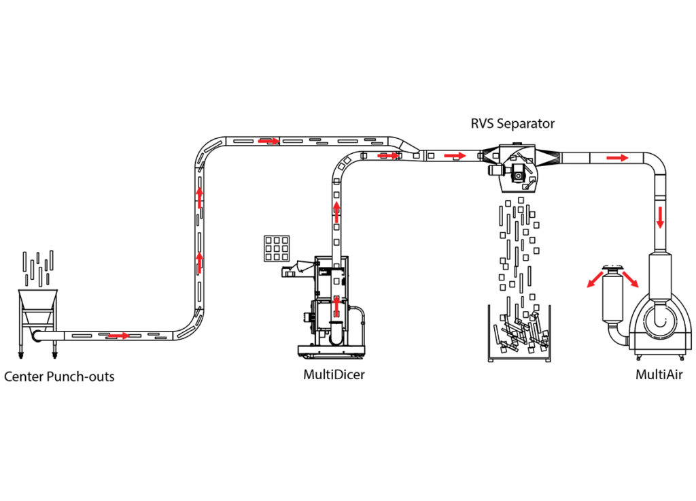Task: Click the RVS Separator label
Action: (x=512, y=124)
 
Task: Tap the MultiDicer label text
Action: (x=334, y=375)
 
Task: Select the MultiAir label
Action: (x=659, y=375)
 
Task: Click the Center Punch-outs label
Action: (x=59, y=377)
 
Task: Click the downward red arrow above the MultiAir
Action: (x=660, y=217)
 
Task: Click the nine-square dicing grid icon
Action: (x=277, y=248)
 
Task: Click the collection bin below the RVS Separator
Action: (x=519, y=334)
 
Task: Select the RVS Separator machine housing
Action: (x=515, y=167)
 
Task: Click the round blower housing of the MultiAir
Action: (x=660, y=321)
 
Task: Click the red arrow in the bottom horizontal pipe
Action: (x=118, y=335)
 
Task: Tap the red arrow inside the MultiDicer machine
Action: (x=336, y=307)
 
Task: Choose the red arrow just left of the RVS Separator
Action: (x=455, y=156)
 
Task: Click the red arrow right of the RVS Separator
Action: (x=617, y=158)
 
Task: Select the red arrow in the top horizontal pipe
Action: (x=269, y=141)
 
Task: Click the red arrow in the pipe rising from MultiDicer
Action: (x=336, y=212)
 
